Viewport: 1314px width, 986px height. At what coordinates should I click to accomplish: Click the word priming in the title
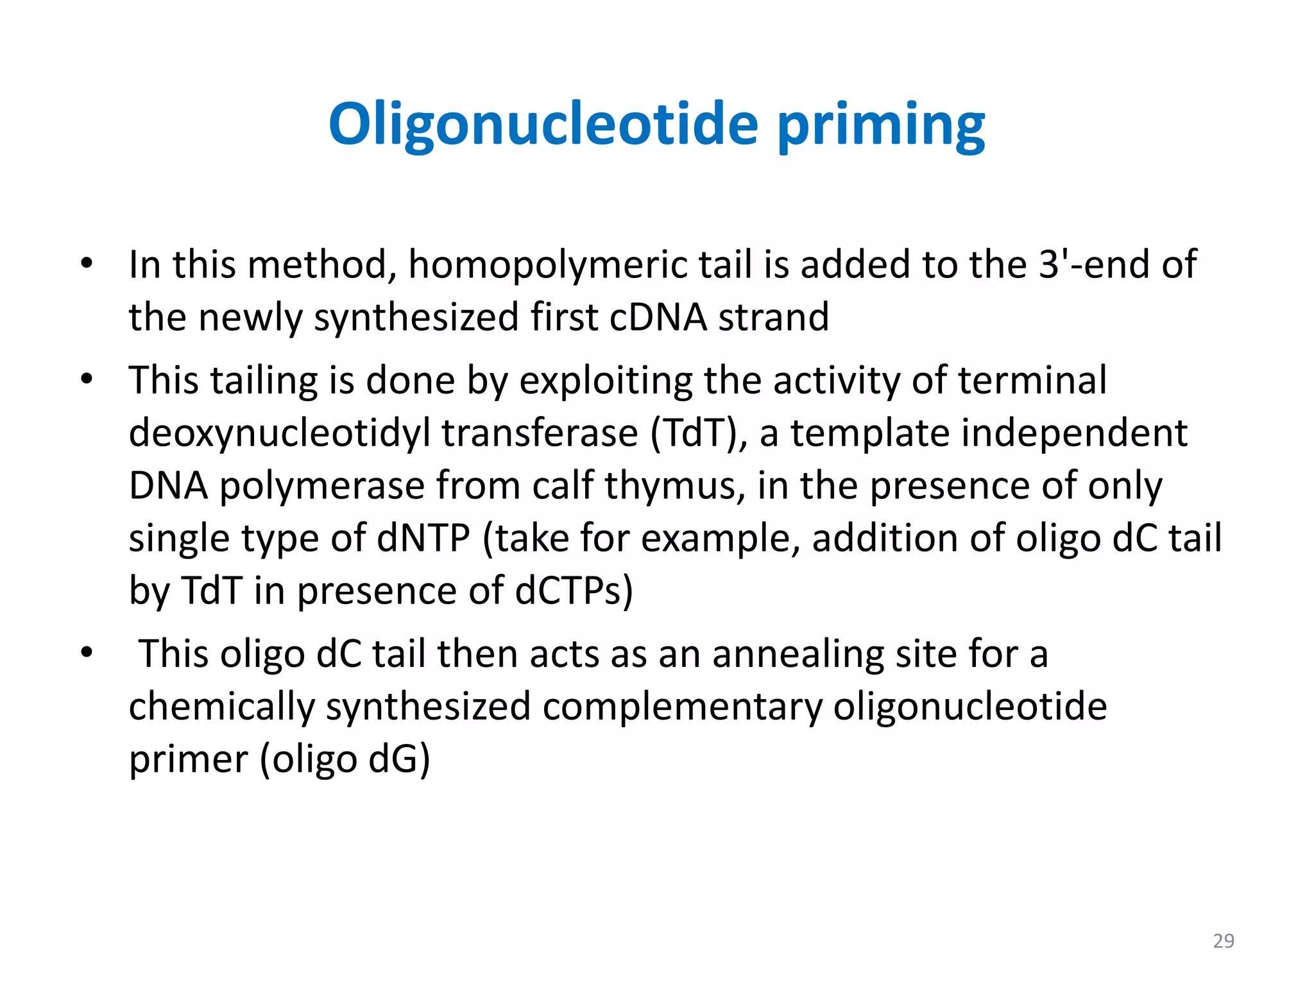pos(881,125)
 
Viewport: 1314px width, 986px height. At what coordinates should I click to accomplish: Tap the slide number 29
pos(1223,940)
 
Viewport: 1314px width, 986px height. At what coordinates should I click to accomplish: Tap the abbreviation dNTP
pos(423,539)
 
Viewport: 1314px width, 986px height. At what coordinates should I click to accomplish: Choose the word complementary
pos(682,707)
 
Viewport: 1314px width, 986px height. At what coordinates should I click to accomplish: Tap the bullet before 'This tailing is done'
pos(87,379)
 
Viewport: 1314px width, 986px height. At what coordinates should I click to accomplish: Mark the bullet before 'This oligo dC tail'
pos(87,653)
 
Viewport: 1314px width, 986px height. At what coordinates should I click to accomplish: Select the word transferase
pos(540,433)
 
